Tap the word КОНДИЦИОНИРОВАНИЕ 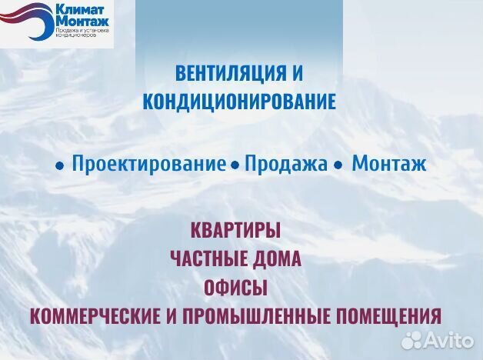[240, 102]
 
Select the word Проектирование [148, 164]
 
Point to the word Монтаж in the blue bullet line [388, 164]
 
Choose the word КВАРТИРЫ [235, 229]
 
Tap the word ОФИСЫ [235, 288]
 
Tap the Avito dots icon [412, 339]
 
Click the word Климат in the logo [77, 11]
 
